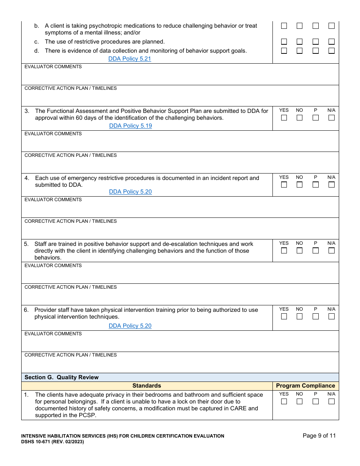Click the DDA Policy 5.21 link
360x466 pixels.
[130, 59]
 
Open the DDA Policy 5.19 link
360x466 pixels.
[130, 126]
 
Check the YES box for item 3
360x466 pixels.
[284, 118]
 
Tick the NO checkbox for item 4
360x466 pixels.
[299, 185]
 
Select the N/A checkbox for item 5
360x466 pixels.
[332, 251]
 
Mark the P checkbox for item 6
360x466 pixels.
[315, 316]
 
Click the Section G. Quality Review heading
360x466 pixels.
[61, 377]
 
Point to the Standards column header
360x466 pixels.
[147, 386]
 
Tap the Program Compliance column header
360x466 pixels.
[305, 386]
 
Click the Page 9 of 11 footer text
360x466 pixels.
[319, 436]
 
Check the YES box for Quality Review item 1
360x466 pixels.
[284, 402]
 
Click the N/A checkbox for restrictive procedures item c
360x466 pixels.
[332, 42]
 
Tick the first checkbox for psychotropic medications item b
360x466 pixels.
[284, 26]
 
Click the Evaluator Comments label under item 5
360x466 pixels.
[53, 266]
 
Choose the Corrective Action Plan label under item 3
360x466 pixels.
[70, 155]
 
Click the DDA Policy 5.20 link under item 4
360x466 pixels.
[130, 192]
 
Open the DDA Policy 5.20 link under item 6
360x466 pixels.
[130, 326]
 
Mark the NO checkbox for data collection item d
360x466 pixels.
[299, 51]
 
